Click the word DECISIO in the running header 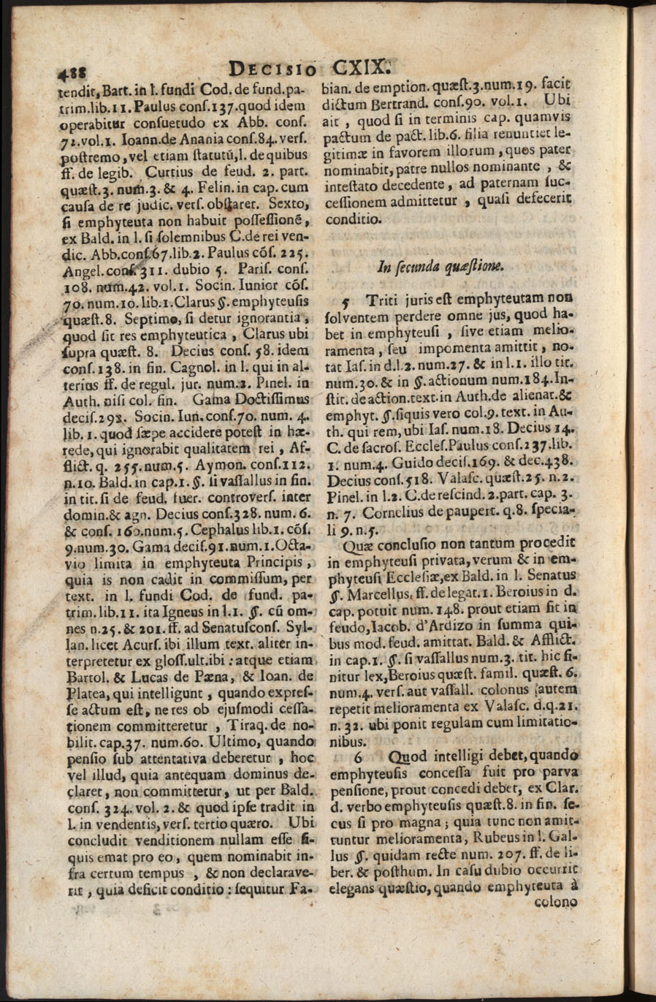(x=272, y=69)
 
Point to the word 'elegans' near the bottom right (x=354, y=887)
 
